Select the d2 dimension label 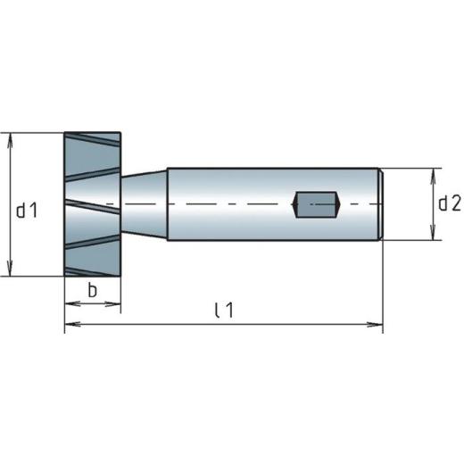[x=449, y=203]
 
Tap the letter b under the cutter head [x=92, y=290]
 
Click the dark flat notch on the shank [x=317, y=204]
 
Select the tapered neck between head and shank [x=143, y=204]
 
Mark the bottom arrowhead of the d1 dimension [x=10, y=271]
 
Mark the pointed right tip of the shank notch [x=340, y=204]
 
